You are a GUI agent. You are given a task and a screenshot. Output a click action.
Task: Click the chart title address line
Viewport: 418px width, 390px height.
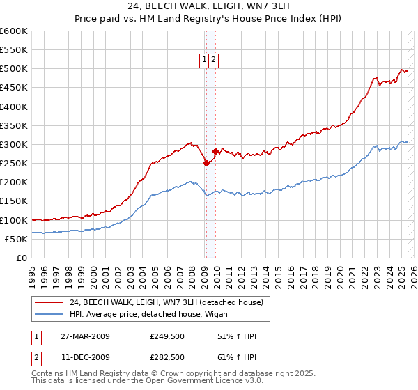pos(209,7)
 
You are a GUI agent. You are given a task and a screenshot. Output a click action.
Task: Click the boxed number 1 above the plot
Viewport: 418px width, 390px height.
pos(205,61)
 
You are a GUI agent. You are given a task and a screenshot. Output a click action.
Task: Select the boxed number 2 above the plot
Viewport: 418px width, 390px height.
pos(213,61)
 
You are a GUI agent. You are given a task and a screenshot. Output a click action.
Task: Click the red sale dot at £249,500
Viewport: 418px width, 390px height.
pos(206,164)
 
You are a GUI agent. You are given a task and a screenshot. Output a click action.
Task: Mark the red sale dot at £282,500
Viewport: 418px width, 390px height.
pos(215,151)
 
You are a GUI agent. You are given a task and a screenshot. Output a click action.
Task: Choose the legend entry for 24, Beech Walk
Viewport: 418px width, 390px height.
pos(166,302)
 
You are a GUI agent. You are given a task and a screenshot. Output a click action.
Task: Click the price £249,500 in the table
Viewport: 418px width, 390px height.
pos(167,337)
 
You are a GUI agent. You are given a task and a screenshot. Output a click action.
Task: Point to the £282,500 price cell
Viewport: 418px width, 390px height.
pos(167,358)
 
